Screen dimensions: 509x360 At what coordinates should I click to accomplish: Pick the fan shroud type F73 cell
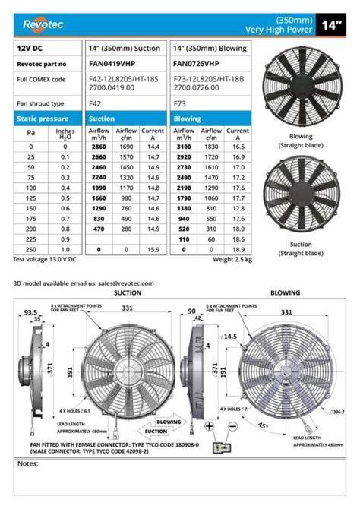pyautogui.click(x=179, y=103)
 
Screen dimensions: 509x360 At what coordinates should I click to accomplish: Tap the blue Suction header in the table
pyautogui.click(x=102, y=119)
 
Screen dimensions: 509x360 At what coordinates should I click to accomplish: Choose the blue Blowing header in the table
pyautogui.click(x=188, y=119)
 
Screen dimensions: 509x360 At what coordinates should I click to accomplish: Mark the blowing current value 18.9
pyautogui.click(x=237, y=249)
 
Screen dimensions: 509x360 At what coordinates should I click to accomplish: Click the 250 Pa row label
pyautogui.click(x=31, y=249)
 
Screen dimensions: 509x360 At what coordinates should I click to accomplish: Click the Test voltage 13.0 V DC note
pyautogui.click(x=46, y=260)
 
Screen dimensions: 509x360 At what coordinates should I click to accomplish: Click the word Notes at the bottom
pyautogui.click(x=28, y=463)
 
